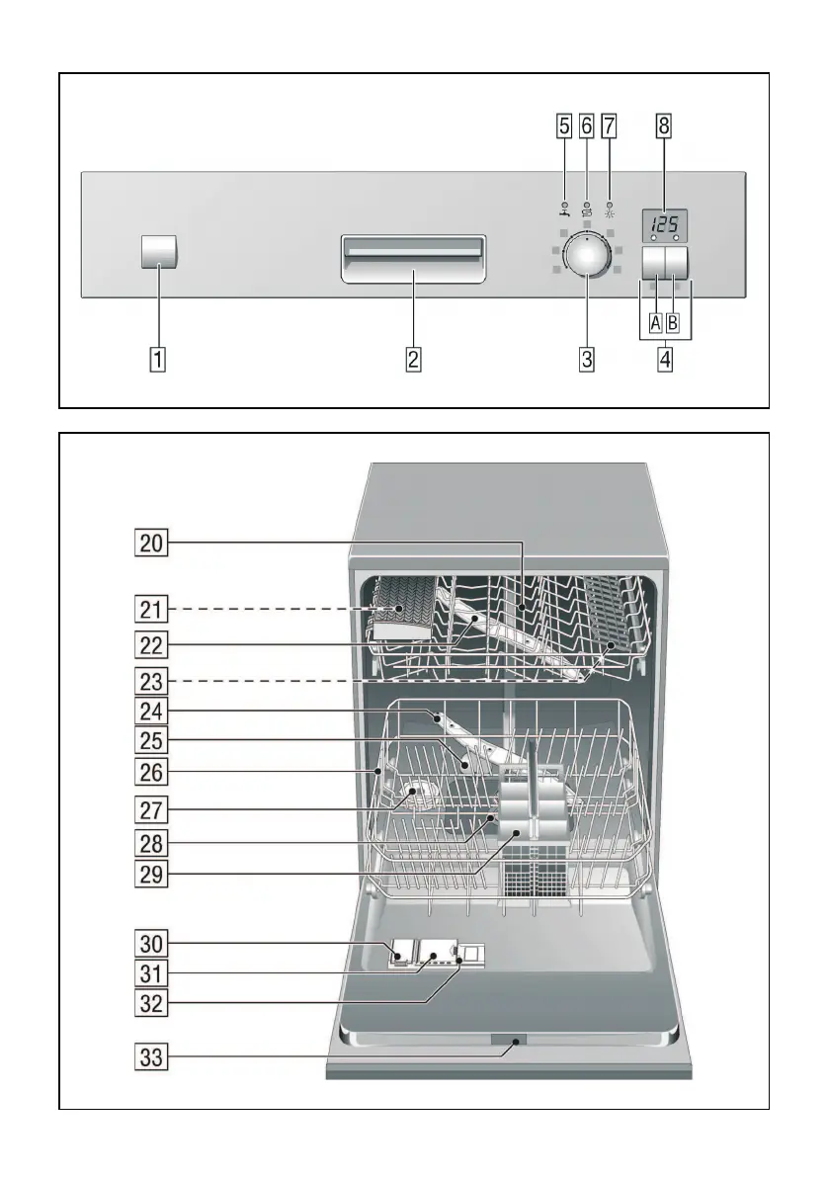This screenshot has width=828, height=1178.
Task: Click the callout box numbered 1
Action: [x=158, y=359]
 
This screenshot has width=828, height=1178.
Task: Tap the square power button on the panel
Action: [x=159, y=253]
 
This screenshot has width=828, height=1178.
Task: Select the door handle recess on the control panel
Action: [x=414, y=260]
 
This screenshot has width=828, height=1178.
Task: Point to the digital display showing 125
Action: [x=663, y=225]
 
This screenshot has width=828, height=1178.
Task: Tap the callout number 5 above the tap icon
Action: [x=563, y=126]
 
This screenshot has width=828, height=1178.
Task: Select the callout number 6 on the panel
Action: [x=586, y=126]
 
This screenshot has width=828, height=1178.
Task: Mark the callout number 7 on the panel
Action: [x=609, y=126]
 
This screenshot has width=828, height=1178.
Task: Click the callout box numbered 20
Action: [x=152, y=542]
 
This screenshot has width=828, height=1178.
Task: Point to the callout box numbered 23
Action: [x=152, y=681]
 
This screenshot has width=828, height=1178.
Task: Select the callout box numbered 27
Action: [x=152, y=810]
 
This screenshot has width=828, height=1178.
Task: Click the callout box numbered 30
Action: [x=152, y=942]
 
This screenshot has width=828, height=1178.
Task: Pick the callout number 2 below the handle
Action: [x=414, y=359]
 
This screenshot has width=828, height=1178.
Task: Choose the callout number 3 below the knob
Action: [x=587, y=359]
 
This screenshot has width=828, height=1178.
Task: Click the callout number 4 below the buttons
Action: [x=665, y=359]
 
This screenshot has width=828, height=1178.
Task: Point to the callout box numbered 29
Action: [x=152, y=874]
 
